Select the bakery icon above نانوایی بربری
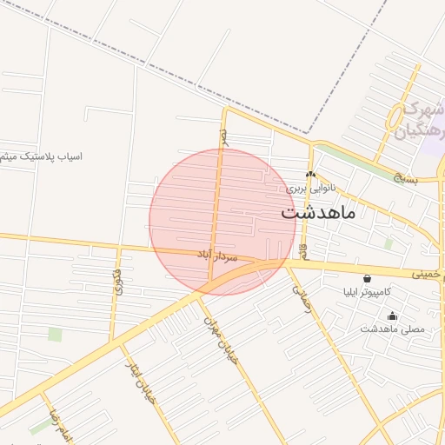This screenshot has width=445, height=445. (310, 174)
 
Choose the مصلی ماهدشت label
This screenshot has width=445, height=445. (392, 329)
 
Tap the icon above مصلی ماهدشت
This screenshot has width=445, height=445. (392, 315)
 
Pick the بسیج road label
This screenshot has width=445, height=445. (405, 179)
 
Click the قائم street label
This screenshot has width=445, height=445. (303, 251)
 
